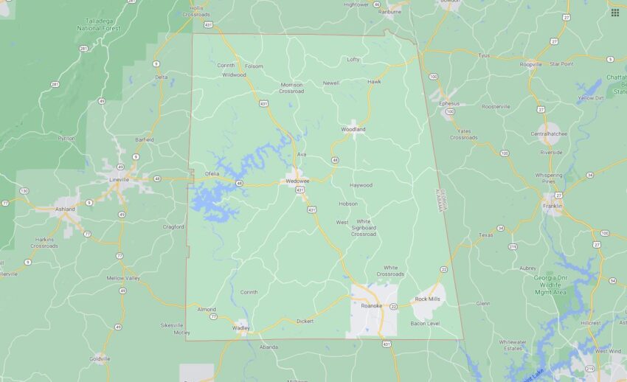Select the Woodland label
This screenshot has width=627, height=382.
coord(353,129)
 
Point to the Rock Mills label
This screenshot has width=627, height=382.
coord(427,299)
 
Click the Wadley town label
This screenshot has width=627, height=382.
coord(240,327)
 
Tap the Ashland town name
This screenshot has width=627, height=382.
coord(66,209)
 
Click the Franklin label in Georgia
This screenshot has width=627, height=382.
coord(552,206)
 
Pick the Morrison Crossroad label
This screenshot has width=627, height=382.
coord(291,87)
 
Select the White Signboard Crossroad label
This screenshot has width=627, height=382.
coord(364,228)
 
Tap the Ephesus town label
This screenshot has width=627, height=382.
coord(448,103)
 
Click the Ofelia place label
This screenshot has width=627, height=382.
coord(212,173)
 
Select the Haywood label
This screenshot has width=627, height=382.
coord(361,185)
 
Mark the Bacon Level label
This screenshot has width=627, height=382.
coord(425,324)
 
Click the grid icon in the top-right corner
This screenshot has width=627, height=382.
coord(614,13)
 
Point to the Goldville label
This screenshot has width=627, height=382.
coord(100,359)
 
